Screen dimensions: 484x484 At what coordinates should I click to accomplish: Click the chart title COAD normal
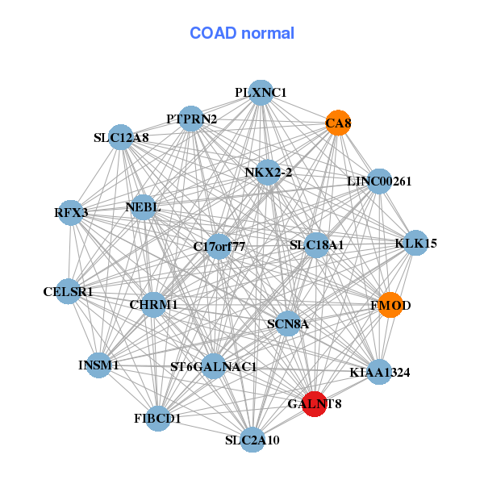click(x=241, y=33)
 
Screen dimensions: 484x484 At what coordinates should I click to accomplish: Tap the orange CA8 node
click(x=338, y=123)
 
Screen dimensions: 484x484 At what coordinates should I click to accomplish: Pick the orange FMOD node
click(x=390, y=305)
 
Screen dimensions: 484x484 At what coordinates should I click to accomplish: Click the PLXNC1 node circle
click(x=260, y=93)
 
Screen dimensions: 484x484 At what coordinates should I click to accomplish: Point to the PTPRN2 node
click(x=190, y=119)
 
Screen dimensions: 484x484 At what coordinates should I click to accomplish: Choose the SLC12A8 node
click(x=121, y=137)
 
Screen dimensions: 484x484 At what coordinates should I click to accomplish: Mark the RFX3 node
click(x=73, y=212)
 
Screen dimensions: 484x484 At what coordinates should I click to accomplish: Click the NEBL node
click(x=143, y=207)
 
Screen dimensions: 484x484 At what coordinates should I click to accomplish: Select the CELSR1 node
click(x=69, y=291)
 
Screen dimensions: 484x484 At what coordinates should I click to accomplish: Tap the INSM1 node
click(x=98, y=365)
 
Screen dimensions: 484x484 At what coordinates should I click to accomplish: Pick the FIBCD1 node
click(x=158, y=418)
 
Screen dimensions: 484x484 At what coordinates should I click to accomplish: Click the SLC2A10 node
click(x=253, y=440)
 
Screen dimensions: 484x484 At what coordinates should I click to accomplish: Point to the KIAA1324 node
click(x=379, y=372)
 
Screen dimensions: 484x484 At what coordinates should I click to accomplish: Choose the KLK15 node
click(x=415, y=243)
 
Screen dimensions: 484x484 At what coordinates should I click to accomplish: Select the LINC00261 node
click(x=378, y=181)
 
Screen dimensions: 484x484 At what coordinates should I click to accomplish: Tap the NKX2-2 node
click(x=268, y=172)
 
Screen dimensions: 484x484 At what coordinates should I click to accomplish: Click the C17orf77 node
click(x=219, y=246)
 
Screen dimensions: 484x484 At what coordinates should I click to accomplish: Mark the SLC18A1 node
click(x=316, y=244)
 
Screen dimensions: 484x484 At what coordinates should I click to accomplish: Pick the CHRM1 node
click(x=153, y=305)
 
